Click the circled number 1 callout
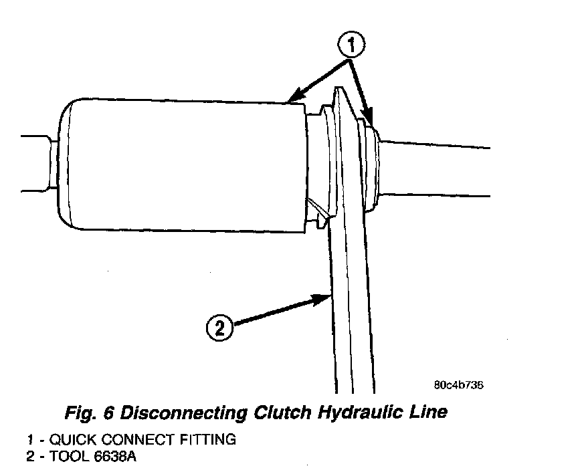click(353, 47)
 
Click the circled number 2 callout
click(220, 328)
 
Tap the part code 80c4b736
click(458, 385)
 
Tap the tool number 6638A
click(114, 458)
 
